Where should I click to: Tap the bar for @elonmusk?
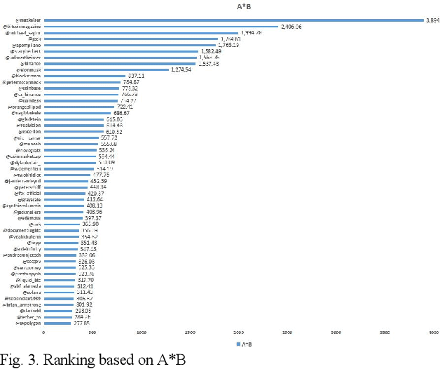[x=106, y=69]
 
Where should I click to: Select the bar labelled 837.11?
[x=84, y=76]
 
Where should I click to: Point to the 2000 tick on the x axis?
[x=238, y=331]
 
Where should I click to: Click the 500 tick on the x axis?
[x=92, y=331]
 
